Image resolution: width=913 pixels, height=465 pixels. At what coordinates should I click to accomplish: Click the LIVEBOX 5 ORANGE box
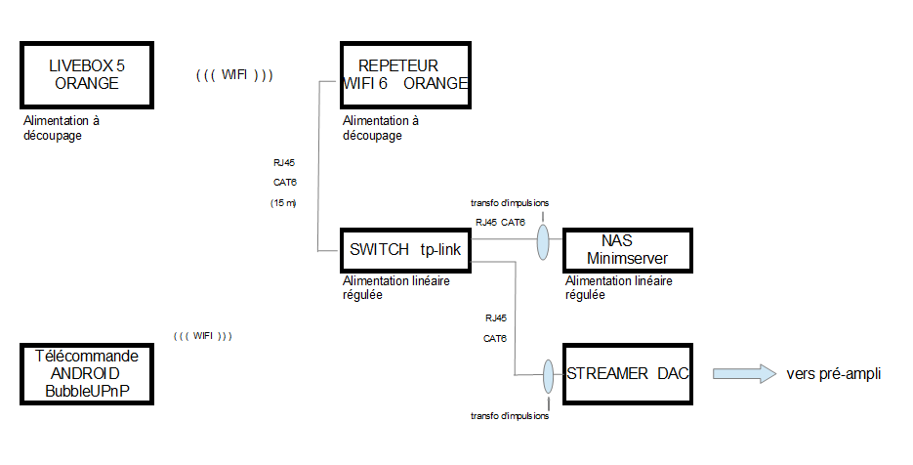point(87,74)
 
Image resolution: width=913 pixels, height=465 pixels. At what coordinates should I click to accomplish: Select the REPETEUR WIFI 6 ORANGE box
point(405,74)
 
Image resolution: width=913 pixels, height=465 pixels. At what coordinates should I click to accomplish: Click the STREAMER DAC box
point(628,373)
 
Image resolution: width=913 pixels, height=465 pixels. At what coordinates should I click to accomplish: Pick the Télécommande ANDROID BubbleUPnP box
point(87,373)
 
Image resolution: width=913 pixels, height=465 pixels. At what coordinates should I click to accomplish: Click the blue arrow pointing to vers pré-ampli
point(742,373)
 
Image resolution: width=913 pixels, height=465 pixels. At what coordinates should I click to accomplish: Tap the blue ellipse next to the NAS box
point(543,243)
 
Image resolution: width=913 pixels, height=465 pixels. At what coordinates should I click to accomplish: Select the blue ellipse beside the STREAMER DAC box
point(548,375)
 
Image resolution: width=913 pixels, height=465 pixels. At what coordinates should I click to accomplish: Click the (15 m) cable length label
point(283,202)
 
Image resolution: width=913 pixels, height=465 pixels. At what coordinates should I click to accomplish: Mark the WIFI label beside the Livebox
point(234,74)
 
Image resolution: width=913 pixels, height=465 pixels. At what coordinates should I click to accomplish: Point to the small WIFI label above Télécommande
point(202,336)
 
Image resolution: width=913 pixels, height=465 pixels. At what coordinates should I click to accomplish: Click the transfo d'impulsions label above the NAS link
point(509,203)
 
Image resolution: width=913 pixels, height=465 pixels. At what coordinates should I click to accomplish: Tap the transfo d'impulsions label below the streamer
point(509,416)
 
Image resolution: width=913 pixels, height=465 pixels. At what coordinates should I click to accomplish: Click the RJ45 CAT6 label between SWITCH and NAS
point(500,223)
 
